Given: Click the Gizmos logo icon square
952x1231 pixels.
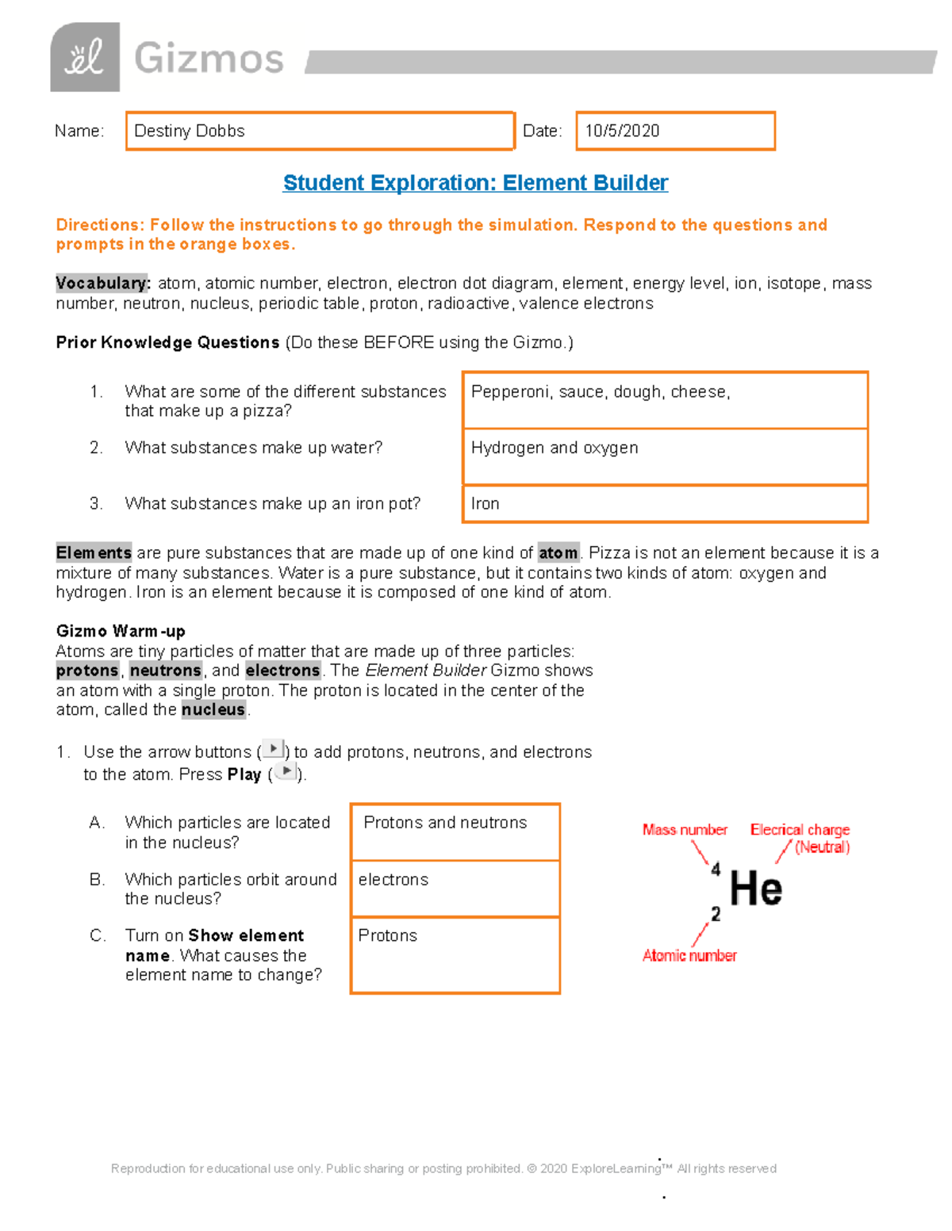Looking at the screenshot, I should (85, 57).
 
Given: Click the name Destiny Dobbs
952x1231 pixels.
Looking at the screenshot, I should (190, 131).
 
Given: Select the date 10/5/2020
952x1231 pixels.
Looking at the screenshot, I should (622, 131).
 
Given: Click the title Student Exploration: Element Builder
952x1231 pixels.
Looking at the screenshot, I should (475, 183).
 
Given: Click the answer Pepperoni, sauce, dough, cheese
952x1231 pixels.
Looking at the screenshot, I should (600, 392).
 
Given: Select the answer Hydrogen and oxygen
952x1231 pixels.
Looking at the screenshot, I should (554, 448).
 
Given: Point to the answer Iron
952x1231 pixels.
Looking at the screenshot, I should (485, 503).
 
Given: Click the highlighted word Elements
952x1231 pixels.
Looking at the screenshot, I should (94, 552).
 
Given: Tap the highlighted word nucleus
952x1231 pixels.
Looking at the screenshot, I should (213, 709).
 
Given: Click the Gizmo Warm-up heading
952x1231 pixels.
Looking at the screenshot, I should (121, 631).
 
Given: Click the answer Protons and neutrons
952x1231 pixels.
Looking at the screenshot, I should (445, 823).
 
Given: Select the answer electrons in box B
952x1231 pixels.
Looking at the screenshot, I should (393, 880).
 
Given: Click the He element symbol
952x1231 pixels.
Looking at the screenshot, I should (755, 889).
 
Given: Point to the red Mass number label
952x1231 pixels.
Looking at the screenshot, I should (685, 830).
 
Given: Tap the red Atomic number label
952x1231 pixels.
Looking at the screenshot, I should (689, 955).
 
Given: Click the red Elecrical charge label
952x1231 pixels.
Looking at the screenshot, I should (800, 830).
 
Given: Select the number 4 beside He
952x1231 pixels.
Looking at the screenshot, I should (716, 870).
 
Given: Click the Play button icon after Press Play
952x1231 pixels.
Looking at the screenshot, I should (286, 771).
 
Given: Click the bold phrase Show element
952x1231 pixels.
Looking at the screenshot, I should (246, 935).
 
